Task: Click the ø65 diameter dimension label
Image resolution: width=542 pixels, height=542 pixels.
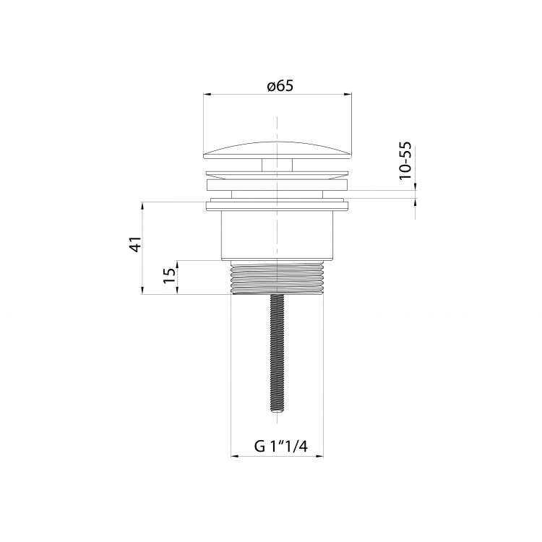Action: (x=280, y=85)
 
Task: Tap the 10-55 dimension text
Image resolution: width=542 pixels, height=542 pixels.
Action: (x=405, y=160)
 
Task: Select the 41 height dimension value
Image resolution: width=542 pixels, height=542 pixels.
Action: (x=135, y=244)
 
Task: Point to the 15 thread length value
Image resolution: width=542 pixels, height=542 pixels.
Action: (x=169, y=275)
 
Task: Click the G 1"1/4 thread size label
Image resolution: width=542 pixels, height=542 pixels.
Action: (x=280, y=446)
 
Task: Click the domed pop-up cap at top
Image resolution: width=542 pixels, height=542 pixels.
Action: (x=278, y=150)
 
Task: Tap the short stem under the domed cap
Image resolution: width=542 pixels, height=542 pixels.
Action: (x=278, y=165)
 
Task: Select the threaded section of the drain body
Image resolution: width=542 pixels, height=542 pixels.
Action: (x=278, y=278)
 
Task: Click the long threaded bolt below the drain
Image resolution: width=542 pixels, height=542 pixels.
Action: (x=278, y=353)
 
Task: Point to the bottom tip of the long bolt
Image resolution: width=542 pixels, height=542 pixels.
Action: (x=278, y=411)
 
